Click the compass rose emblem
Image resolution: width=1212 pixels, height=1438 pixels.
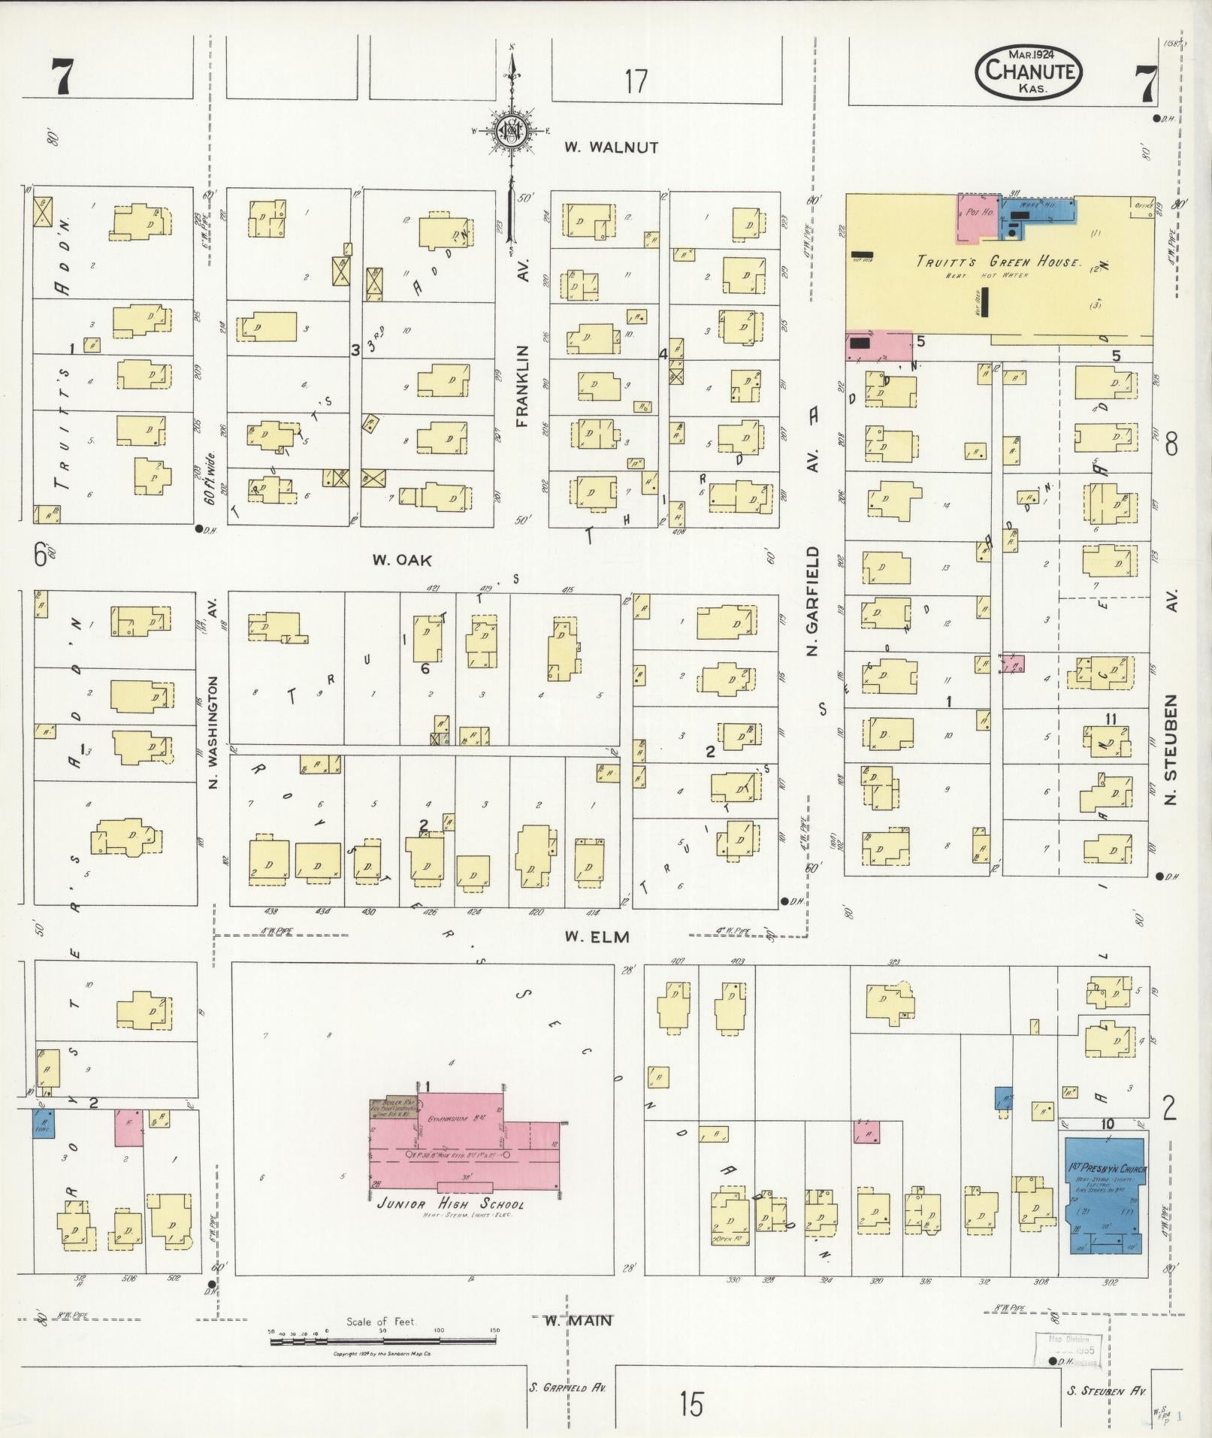coord(513,131)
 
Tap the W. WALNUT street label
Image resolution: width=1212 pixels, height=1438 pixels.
coord(612,147)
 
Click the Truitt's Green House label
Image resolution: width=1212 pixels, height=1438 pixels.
coord(998,262)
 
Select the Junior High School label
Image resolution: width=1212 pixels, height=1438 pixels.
coord(451,1203)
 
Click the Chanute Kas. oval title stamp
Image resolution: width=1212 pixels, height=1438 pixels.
coord(1029,72)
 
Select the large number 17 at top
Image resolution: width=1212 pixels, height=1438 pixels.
coord(636,81)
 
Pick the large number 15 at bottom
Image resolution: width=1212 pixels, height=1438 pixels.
coord(691,1403)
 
